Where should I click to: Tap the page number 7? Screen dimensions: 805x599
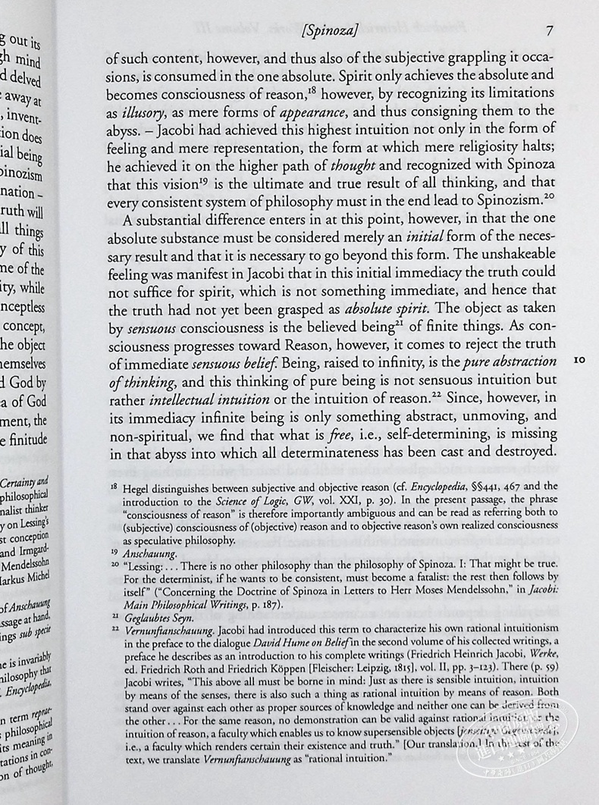550,32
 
